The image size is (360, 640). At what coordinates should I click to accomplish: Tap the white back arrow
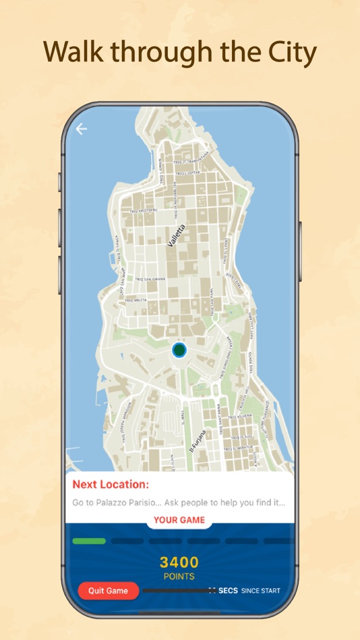click(82, 129)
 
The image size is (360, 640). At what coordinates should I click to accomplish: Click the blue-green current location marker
click(179, 350)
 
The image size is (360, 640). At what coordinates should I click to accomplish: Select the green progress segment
click(89, 541)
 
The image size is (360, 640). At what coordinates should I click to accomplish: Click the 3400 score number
click(179, 562)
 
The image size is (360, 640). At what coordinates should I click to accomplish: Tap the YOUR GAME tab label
click(179, 520)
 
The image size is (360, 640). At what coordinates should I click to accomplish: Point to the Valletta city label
click(176, 236)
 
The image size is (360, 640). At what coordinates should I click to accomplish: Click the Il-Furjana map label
click(196, 441)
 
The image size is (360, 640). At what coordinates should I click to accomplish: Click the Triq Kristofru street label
click(143, 212)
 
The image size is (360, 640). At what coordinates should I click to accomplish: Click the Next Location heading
click(111, 484)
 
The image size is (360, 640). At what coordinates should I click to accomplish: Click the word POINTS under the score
click(179, 577)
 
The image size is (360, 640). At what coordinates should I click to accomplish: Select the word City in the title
click(291, 53)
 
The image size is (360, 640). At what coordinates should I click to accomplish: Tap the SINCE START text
click(260, 591)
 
